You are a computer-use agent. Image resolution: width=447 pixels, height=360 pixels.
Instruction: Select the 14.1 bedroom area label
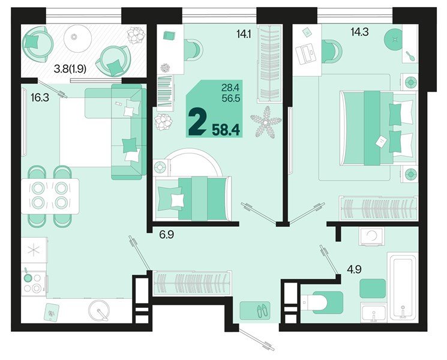[x=244, y=34]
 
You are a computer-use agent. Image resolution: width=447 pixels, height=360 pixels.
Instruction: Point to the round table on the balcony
[x=74, y=37]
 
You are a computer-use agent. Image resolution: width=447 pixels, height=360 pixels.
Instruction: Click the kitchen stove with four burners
[x=33, y=282]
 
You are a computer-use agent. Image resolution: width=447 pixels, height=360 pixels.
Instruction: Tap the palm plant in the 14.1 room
[x=265, y=122]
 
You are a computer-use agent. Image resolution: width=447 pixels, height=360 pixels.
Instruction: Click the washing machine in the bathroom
[x=372, y=236]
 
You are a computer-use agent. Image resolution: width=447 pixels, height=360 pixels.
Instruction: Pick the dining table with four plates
[x=50, y=195]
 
